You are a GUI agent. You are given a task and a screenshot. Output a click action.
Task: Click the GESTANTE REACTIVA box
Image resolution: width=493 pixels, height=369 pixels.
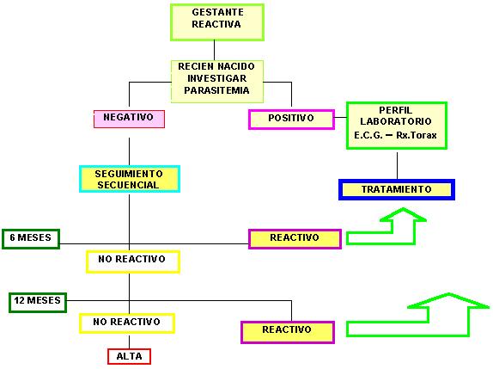[x=217, y=22]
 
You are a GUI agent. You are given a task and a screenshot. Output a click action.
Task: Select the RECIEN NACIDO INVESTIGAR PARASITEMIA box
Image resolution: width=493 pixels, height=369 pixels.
[x=217, y=82]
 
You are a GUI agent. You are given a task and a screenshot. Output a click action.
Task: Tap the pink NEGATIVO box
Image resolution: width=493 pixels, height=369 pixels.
[x=129, y=119]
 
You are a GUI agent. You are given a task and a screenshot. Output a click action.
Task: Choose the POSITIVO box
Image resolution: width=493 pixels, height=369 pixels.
[x=291, y=120]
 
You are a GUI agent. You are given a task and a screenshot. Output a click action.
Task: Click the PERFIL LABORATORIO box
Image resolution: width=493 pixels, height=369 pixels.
[x=397, y=126]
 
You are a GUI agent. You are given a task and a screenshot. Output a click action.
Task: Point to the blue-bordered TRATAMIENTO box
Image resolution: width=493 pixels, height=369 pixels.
[x=397, y=189]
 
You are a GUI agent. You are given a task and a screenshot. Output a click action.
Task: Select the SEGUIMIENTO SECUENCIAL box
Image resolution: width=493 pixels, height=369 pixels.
[x=130, y=179]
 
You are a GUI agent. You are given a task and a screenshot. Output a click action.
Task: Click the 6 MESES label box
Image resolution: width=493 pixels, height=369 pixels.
[x=31, y=239]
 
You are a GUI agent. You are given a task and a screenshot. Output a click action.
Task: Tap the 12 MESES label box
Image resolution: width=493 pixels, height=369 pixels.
[x=38, y=302]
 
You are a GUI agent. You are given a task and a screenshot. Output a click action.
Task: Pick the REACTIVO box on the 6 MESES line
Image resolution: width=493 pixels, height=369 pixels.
[x=295, y=239]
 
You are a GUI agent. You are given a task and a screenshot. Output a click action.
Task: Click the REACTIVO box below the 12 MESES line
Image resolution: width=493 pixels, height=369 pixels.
[x=288, y=332]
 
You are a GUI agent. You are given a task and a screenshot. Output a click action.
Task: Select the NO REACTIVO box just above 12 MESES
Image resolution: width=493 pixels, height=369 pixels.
[x=133, y=261]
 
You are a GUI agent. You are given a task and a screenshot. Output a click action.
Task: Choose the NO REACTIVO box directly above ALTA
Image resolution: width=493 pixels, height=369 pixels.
[x=127, y=323]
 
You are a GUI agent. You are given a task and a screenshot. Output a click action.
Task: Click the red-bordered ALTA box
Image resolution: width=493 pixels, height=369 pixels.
[x=129, y=356]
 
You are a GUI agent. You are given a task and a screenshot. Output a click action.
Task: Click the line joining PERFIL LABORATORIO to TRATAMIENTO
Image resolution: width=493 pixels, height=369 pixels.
[x=397, y=166]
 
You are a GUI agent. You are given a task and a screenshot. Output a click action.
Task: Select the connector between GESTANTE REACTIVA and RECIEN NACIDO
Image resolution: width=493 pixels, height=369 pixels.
[x=215, y=51]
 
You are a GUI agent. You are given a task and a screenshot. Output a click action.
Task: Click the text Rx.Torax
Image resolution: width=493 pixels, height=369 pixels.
[x=417, y=135]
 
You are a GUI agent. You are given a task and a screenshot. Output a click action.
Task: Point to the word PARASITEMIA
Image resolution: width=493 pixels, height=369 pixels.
[x=216, y=90]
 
